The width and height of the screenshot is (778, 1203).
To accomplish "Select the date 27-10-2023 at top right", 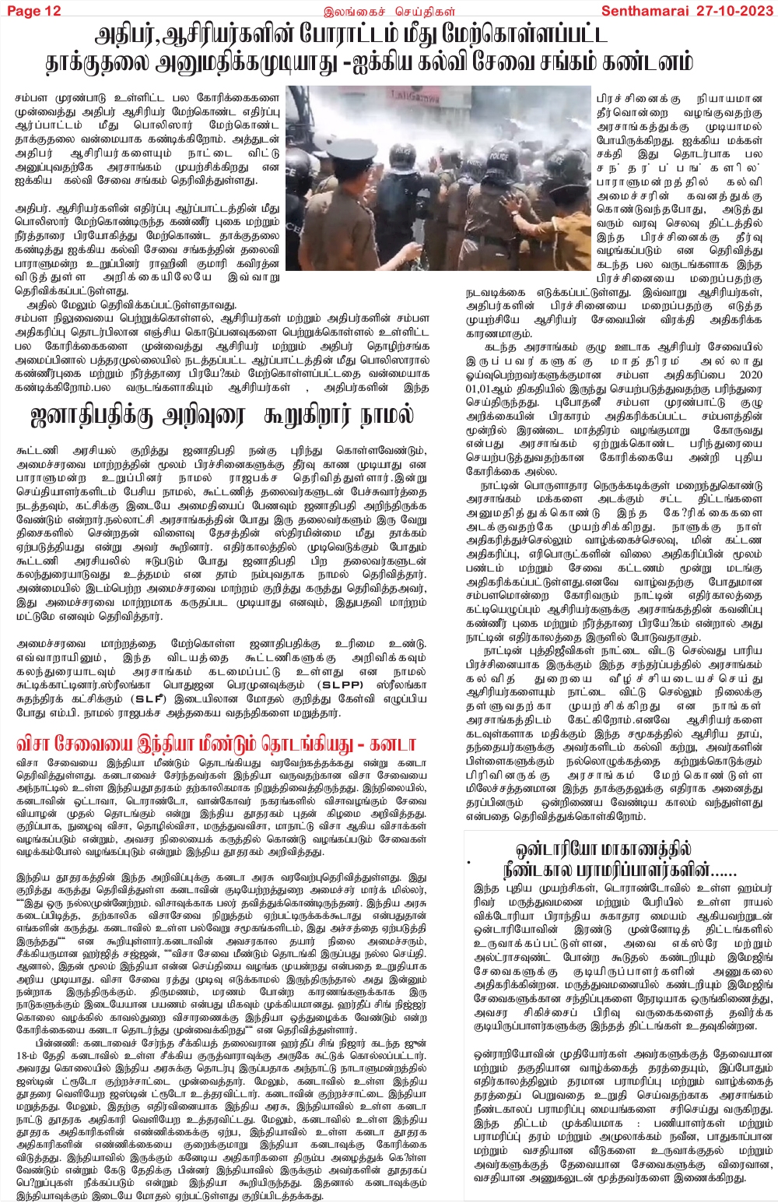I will pos(734,10).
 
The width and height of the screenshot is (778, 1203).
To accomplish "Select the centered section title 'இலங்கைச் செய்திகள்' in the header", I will pos(389,11).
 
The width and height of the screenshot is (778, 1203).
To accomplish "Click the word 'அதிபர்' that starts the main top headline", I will pos(129,35).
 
